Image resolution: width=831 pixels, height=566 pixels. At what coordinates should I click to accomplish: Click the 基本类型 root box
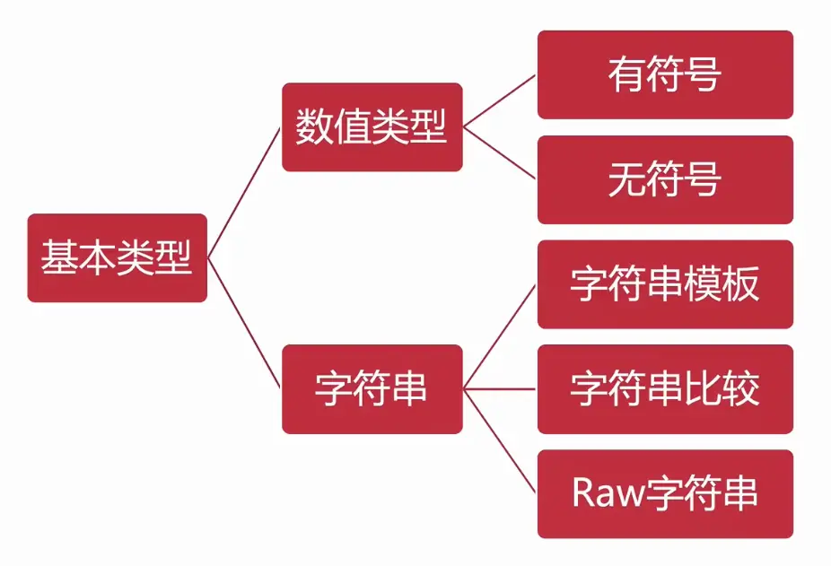[117, 258]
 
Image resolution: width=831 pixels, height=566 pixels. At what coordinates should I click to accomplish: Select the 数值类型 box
[372, 127]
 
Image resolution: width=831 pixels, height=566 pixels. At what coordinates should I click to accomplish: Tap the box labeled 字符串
[372, 389]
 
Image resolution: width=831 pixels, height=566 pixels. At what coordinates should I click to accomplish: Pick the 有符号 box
[665, 74]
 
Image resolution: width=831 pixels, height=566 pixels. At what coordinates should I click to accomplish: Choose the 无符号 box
[665, 179]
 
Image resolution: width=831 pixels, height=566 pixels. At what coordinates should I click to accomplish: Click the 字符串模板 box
[665, 284]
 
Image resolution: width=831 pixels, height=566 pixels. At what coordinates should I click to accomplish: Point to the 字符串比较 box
[665, 389]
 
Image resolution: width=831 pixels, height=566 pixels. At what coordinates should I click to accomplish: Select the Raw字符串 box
[665, 494]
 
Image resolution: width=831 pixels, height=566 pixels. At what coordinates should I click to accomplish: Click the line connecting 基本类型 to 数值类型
[244, 193]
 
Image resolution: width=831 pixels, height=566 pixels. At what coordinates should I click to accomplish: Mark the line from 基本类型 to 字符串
[244, 324]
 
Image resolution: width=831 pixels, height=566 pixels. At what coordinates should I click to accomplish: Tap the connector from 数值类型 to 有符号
[500, 100]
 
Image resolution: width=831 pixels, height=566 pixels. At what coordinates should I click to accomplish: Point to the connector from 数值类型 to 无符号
[500, 153]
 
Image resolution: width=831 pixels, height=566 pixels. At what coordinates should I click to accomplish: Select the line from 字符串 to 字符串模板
[500, 337]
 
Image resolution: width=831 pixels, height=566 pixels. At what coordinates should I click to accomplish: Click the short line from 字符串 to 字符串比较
[500, 389]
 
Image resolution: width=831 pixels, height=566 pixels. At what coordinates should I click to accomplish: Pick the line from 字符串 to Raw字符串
[500, 441]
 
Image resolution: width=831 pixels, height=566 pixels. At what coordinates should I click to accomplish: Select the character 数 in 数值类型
[315, 127]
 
